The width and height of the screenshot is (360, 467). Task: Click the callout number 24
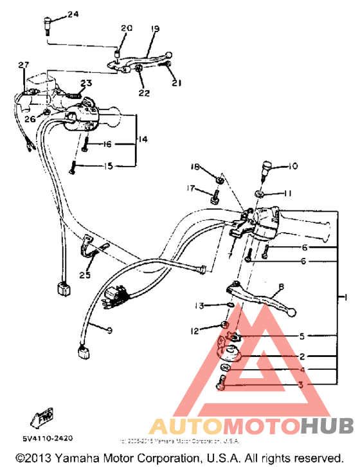point(73,14)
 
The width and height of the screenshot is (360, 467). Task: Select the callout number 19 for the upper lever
point(155,29)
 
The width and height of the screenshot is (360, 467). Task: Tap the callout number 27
point(24,65)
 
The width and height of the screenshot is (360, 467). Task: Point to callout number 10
point(292,166)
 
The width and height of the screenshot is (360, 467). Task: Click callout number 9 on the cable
point(109,331)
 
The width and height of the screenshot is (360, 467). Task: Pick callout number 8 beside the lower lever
point(280,288)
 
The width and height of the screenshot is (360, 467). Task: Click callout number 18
point(195,167)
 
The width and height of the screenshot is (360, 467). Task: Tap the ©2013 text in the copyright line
point(35,458)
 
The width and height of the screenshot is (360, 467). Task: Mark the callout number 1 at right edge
point(346,297)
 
